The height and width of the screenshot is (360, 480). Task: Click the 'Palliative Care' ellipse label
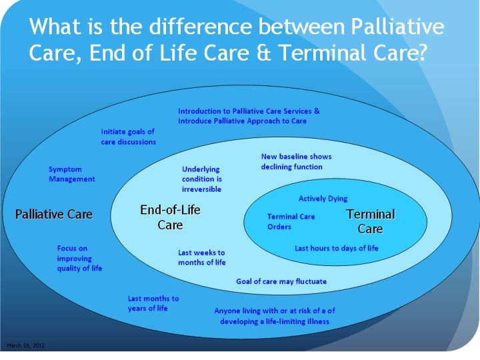(54, 214)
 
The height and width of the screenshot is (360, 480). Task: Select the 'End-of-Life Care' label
(170, 217)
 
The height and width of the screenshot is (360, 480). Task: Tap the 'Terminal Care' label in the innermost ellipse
(371, 221)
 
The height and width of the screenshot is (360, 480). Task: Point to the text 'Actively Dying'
(323, 199)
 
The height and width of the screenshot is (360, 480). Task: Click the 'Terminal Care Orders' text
(291, 221)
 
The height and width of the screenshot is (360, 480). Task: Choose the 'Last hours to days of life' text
(337, 248)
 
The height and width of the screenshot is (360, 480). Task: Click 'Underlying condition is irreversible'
(201, 179)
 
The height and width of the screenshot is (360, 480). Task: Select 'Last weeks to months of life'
(201, 257)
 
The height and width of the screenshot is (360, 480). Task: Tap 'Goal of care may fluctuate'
(281, 281)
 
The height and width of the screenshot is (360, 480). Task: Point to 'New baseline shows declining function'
(296, 161)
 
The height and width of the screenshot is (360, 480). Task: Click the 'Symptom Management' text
(72, 174)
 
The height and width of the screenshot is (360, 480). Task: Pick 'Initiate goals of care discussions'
(128, 137)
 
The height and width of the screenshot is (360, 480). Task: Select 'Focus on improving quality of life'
(79, 258)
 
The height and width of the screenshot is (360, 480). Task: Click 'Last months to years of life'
(153, 303)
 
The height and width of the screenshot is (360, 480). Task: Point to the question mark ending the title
(419, 53)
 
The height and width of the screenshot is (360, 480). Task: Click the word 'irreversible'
(201, 189)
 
